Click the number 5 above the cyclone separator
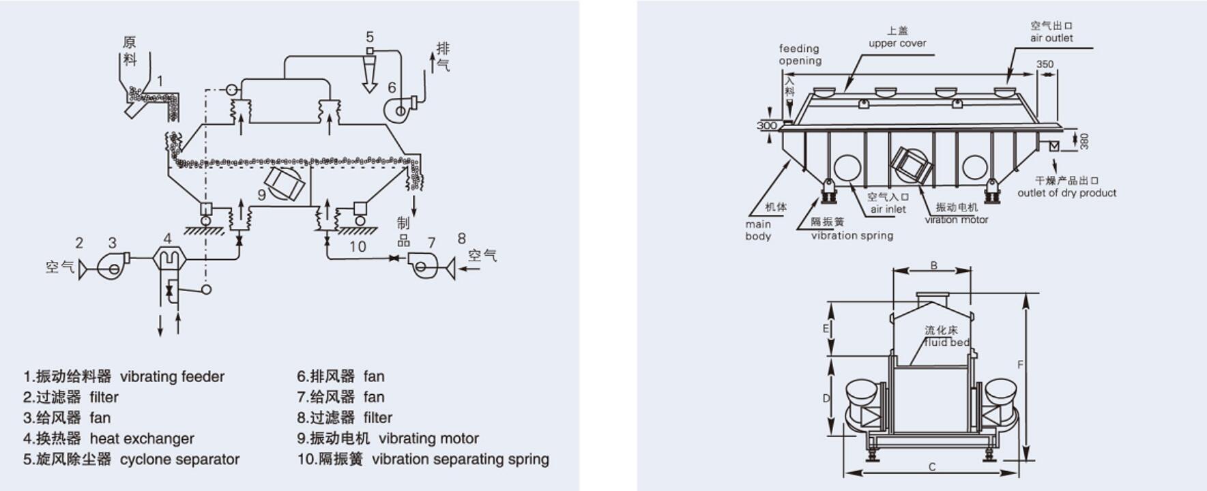[370, 37]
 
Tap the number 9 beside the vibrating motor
[261, 195]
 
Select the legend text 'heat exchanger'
[142, 438]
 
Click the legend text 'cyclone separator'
[179, 459]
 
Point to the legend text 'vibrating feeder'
[172, 376]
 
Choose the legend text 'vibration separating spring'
[460, 459]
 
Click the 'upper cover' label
[897, 43]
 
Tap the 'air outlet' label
[1051, 38]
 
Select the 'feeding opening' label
[800, 55]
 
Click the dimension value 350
[1045, 64]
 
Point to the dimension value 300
[767, 125]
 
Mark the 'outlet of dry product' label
[1066, 193]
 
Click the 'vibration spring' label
[852, 235]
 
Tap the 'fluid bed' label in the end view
[946, 342]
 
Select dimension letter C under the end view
[932, 467]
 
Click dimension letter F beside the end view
[1021, 365]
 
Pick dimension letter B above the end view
[934, 265]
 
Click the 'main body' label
[758, 230]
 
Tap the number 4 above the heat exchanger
[167, 238]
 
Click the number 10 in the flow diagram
[358, 247]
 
